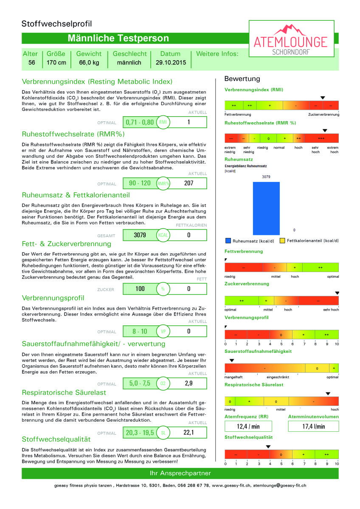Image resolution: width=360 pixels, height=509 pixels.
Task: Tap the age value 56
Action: [31, 63]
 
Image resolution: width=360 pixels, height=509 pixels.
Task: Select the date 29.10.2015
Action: [170, 63]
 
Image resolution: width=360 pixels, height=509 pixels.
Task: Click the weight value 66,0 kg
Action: [89, 63]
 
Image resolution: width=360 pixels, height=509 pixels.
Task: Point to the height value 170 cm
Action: [56, 63]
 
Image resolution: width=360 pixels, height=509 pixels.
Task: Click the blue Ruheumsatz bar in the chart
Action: [266, 208]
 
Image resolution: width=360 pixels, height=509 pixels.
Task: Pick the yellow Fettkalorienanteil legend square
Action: [283, 241]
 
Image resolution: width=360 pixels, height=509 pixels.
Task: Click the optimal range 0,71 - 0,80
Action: [140, 122]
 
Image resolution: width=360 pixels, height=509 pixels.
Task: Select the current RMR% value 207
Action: [189, 184]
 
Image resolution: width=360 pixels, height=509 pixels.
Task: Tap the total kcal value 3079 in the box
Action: [140, 235]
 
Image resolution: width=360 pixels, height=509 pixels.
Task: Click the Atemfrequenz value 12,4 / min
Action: [248, 426]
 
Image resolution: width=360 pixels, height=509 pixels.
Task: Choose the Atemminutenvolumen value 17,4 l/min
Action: [313, 426]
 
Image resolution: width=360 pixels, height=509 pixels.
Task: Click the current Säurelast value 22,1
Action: [189, 433]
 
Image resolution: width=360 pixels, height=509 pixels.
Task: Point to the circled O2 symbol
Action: [163, 383]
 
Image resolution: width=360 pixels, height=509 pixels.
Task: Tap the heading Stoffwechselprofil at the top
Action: [56, 24]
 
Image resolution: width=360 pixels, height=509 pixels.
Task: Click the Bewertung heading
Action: [242, 79]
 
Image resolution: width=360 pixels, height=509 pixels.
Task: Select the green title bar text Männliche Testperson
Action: [118, 39]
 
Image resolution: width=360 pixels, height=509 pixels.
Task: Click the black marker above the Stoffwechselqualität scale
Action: [268, 447]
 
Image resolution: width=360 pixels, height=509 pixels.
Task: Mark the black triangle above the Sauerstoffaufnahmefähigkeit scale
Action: [231, 361]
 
